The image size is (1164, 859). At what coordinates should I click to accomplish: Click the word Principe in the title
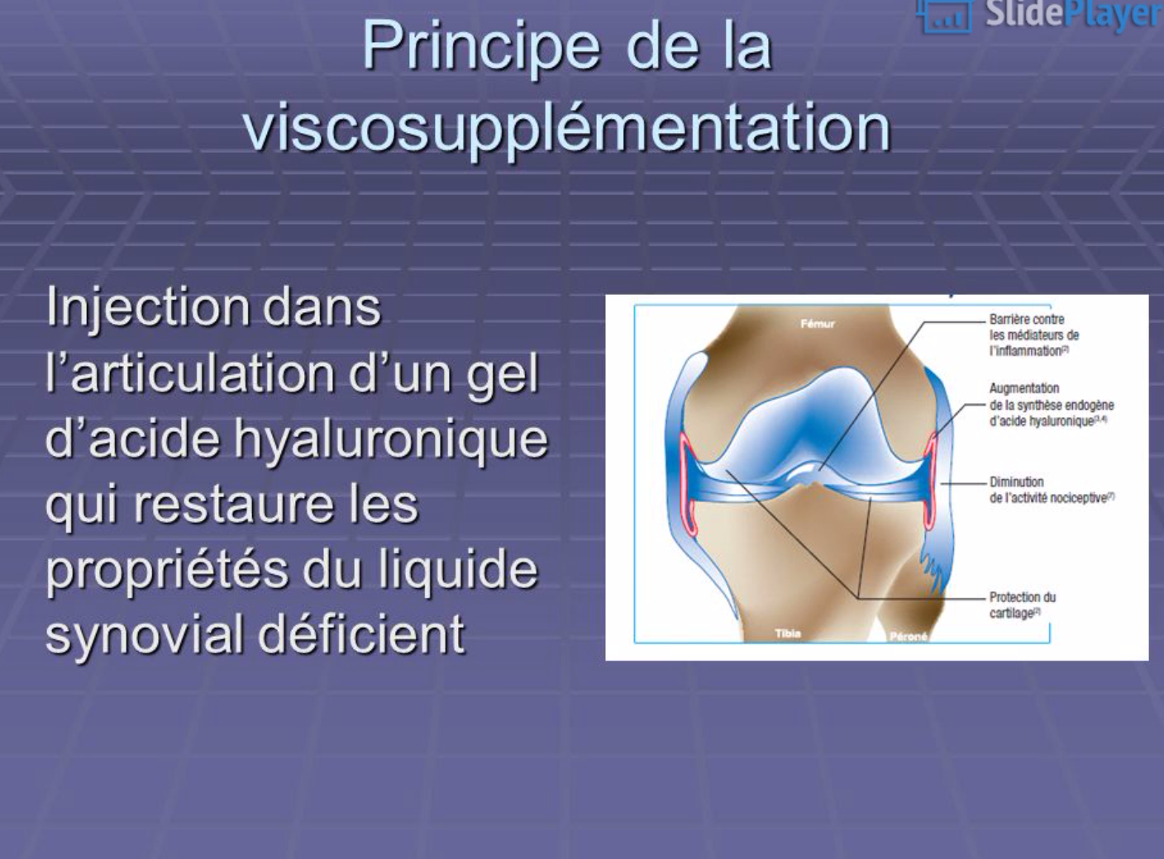coord(481,47)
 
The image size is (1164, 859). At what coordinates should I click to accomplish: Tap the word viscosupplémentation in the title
coord(568,128)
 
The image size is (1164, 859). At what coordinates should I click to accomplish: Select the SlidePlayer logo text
coord(1074,14)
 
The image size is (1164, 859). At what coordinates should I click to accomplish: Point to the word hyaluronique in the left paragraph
coord(390,441)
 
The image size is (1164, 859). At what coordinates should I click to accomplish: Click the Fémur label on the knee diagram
coord(818,324)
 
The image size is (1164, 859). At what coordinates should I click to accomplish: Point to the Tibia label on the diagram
coord(788,634)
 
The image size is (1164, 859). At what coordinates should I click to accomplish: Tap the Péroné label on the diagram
coord(909,637)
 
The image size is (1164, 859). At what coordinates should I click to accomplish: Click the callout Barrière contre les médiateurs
coord(1034,335)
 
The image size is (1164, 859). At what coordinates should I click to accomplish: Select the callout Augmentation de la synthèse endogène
coord(1052,405)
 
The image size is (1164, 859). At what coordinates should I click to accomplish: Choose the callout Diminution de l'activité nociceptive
coord(1052,490)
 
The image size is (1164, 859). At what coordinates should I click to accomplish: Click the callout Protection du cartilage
coord(1023,605)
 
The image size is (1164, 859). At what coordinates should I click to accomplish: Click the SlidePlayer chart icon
coord(945,17)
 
